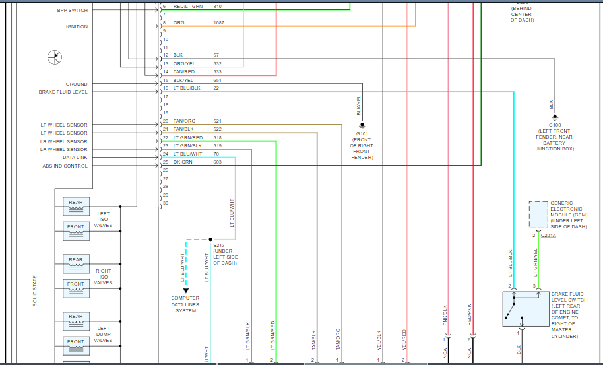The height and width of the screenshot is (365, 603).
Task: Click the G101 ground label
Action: (x=362, y=133)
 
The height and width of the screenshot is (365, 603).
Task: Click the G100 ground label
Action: (x=555, y=125)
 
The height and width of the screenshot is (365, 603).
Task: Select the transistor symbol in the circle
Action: (x=55, y=57)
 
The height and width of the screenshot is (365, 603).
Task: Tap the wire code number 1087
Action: (x=218, y=23)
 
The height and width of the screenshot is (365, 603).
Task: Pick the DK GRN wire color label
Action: (x=181, y=162)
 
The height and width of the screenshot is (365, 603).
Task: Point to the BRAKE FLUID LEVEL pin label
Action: (x=63, y=92)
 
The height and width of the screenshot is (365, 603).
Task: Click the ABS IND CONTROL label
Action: (x=65, y=166)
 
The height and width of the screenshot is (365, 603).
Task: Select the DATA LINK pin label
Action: (x=75, y=158)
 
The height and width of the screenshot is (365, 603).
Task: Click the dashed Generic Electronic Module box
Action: (x=538, y=215)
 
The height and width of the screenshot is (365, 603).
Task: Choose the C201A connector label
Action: (x=548, y=236)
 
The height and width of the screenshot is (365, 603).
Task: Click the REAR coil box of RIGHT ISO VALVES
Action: (x=76, y=263)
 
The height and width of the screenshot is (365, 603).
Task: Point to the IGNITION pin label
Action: (x=77, y=27)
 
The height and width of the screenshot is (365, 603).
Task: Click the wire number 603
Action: (x=217, y=162)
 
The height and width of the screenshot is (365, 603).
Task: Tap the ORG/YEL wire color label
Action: (x=184, y=63)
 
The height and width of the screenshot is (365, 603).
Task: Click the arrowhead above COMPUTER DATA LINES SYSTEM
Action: (x=186, y=290)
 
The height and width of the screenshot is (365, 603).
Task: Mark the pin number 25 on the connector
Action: (x=166, y=162)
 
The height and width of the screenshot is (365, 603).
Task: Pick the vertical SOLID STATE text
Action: (x=35, y=290)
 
